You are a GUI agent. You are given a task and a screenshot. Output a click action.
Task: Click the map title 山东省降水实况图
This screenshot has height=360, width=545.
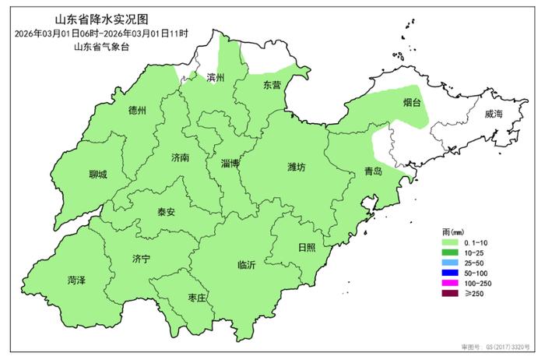pyautogui.click(x=101, y=18)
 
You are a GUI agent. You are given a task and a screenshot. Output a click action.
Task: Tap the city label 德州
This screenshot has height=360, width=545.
pyautogui.click(x=137, y=111)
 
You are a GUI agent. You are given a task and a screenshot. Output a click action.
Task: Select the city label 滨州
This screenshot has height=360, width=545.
pyautogui.click(x=215, y=78)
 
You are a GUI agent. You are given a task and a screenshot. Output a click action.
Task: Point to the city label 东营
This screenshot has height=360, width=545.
pyautogui.click(x=272, y=84)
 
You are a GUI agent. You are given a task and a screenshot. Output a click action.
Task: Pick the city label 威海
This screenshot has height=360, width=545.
pyautogui.click(x=494, y=114)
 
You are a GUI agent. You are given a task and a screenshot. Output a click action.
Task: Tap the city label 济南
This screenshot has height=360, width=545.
pyautogui.click(x=180, y=157)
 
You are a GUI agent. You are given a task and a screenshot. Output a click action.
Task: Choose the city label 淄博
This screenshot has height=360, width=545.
pyautogui.click(x=230, y=163)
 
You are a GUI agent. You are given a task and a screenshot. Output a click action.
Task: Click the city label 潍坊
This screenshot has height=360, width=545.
pyautogui.click(x=297, y=166)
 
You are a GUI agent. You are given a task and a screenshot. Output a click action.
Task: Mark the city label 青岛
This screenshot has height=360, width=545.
pyautogui.click(x=372, y=171)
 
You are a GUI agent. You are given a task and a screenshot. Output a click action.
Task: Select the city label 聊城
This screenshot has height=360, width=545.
pyautogui.click(x=98, y=175)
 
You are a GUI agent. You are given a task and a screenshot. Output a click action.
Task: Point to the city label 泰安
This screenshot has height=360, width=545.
pyautogui.click(x=166, y=211)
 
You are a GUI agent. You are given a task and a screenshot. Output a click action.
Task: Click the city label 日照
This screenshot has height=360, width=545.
pyautogui.click(x=307, y=247)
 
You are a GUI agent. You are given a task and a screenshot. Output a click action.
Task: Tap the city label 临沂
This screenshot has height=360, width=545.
pyautogui.click(x=247, y=265)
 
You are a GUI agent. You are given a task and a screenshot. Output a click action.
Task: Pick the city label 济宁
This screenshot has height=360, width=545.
pyautogui.click(x=141, y=258)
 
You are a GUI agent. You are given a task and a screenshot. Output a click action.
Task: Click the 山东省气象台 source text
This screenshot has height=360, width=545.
pyautogui.click(x=101, y=48)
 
